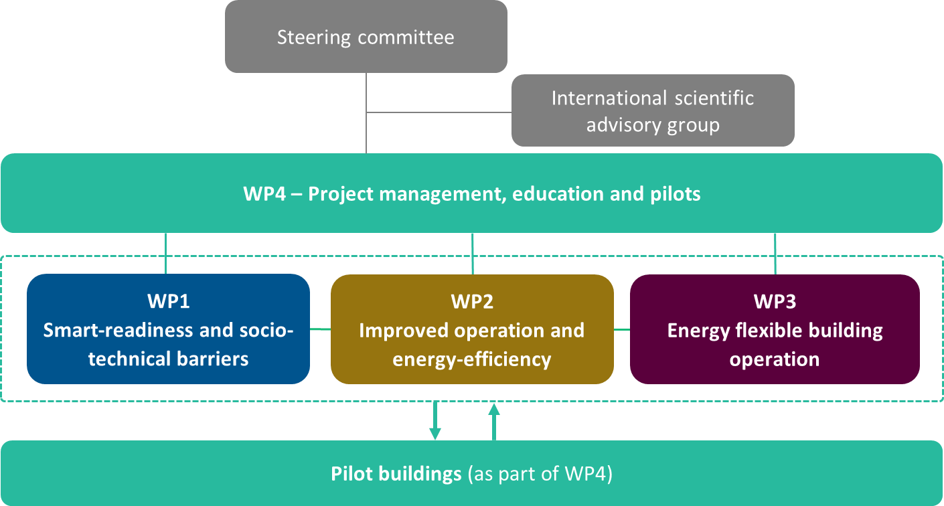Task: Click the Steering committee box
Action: click(x=366, y=36)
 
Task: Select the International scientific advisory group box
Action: click(x=653, y=110)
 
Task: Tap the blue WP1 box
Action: click(x=168, y=329)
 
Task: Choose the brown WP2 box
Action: click(x=472, y=329)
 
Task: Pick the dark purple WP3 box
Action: click(x=775, y=329)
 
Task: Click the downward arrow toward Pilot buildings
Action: click(x=435, y=421)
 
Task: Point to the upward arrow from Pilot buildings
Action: click(x=494, y=421)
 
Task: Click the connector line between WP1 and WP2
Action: click(x=320, y=329)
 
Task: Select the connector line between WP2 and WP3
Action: click(x=622, y=329)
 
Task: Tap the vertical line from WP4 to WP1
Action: click(x=165, y=253)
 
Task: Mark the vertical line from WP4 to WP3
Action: click(x=775, y=253)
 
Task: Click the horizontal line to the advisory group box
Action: click(x=439, y=112)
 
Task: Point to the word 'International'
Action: click(x=599, y=98)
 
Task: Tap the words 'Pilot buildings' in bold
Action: click(x=396, y=474)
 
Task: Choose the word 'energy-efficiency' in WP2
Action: click(x=472, y=359)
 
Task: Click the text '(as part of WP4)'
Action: click(x=540, y=475)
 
